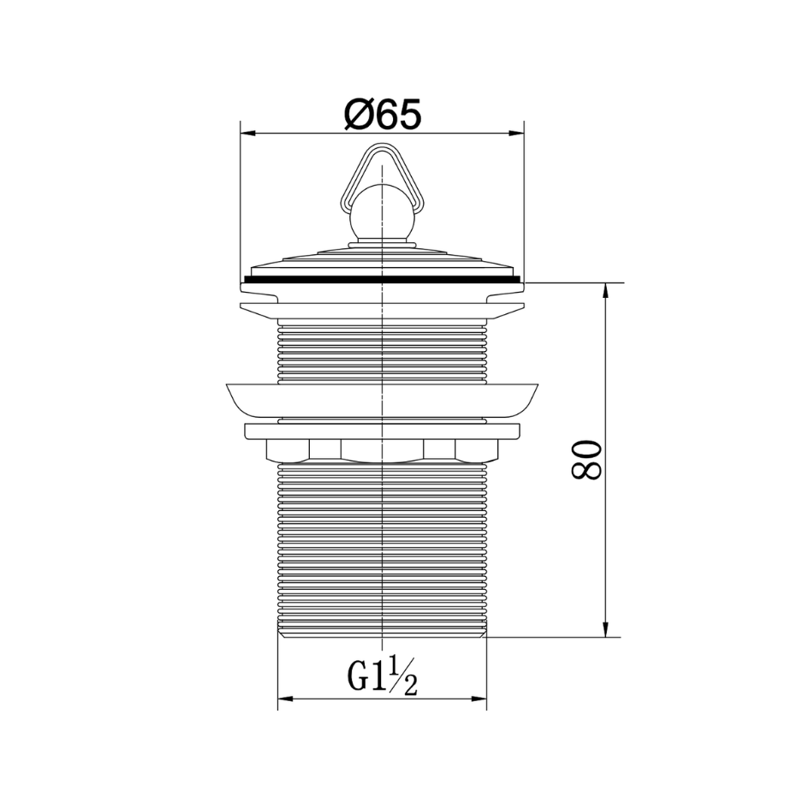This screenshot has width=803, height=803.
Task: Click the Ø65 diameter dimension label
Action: point(383,114)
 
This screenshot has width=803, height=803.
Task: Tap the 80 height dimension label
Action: point(586,460)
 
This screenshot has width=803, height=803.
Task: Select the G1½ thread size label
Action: point(383,676)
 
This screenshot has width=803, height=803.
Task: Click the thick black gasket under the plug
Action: point(383,279)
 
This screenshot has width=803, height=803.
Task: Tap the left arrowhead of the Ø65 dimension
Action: point(248,134)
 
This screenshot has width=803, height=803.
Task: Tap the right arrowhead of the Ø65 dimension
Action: point(517,134)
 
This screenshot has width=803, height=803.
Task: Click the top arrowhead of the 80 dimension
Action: point(606,290)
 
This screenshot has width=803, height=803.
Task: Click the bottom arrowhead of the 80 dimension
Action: point(606,629)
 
